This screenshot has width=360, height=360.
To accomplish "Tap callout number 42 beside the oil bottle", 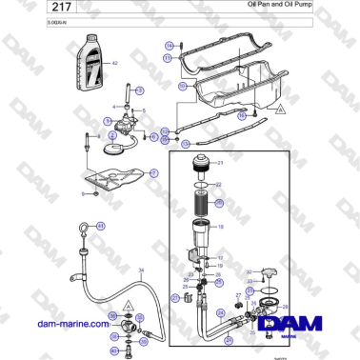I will pyautogui.click(x=116, y=63).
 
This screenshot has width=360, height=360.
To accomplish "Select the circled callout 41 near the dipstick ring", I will pyautogui.click(x=102, y=225).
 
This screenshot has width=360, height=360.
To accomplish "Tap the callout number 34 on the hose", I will pyautogui.click(x=141, y=271).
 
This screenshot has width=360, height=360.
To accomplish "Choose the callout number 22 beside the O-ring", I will pyautogui.click(x=219, y=185).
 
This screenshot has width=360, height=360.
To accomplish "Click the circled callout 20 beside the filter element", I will pyautogui.click(x=220, y=203).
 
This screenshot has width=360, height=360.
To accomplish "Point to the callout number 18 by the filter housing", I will pyautogui.click(x=221, y=229).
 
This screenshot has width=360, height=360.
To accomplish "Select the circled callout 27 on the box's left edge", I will pyautogui.click(x=175, y=297).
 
